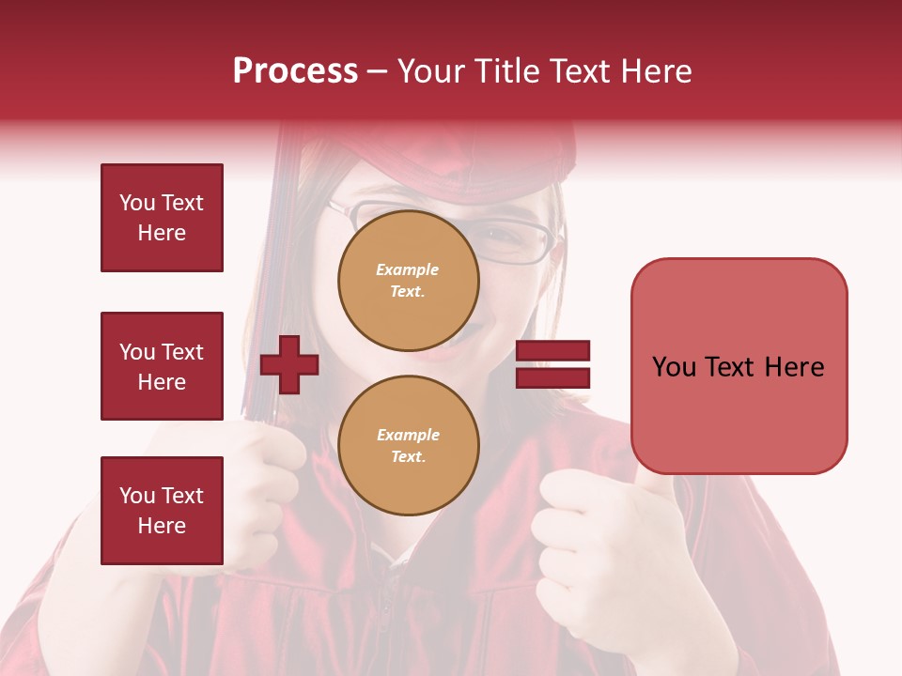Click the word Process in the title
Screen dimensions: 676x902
[295, 71]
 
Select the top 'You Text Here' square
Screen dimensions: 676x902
[162, 218]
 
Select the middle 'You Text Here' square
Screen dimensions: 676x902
[162, 366]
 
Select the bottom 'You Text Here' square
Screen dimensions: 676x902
[162, 511]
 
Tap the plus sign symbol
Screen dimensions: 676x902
[289, 364]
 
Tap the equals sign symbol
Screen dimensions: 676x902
[552, 364]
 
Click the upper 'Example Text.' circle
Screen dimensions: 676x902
[408, 281]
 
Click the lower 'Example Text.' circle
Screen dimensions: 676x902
[408, 446]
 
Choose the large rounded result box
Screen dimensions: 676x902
[739, 366]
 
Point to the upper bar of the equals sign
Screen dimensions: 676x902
[552, 351]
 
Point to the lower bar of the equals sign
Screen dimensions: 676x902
[552, 377]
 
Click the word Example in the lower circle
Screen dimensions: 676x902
[408, 435]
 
